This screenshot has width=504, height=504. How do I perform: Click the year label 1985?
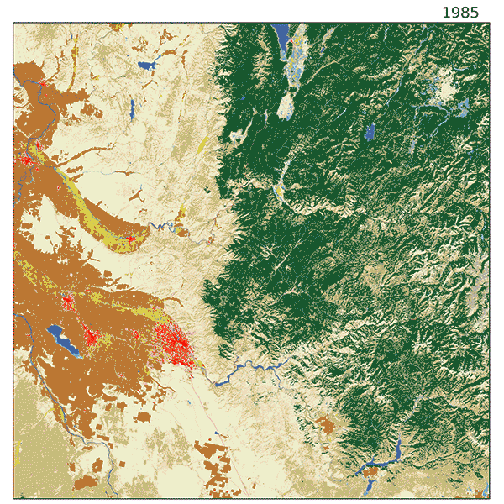tap(460, 12)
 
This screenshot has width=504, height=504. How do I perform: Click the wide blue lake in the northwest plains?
tap(150, 65)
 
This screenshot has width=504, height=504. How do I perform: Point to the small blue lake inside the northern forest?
tap(370, 131)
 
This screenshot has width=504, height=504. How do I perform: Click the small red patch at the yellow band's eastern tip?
tap(129, 239)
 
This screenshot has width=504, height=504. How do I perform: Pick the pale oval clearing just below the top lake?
tap(286, 104)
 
